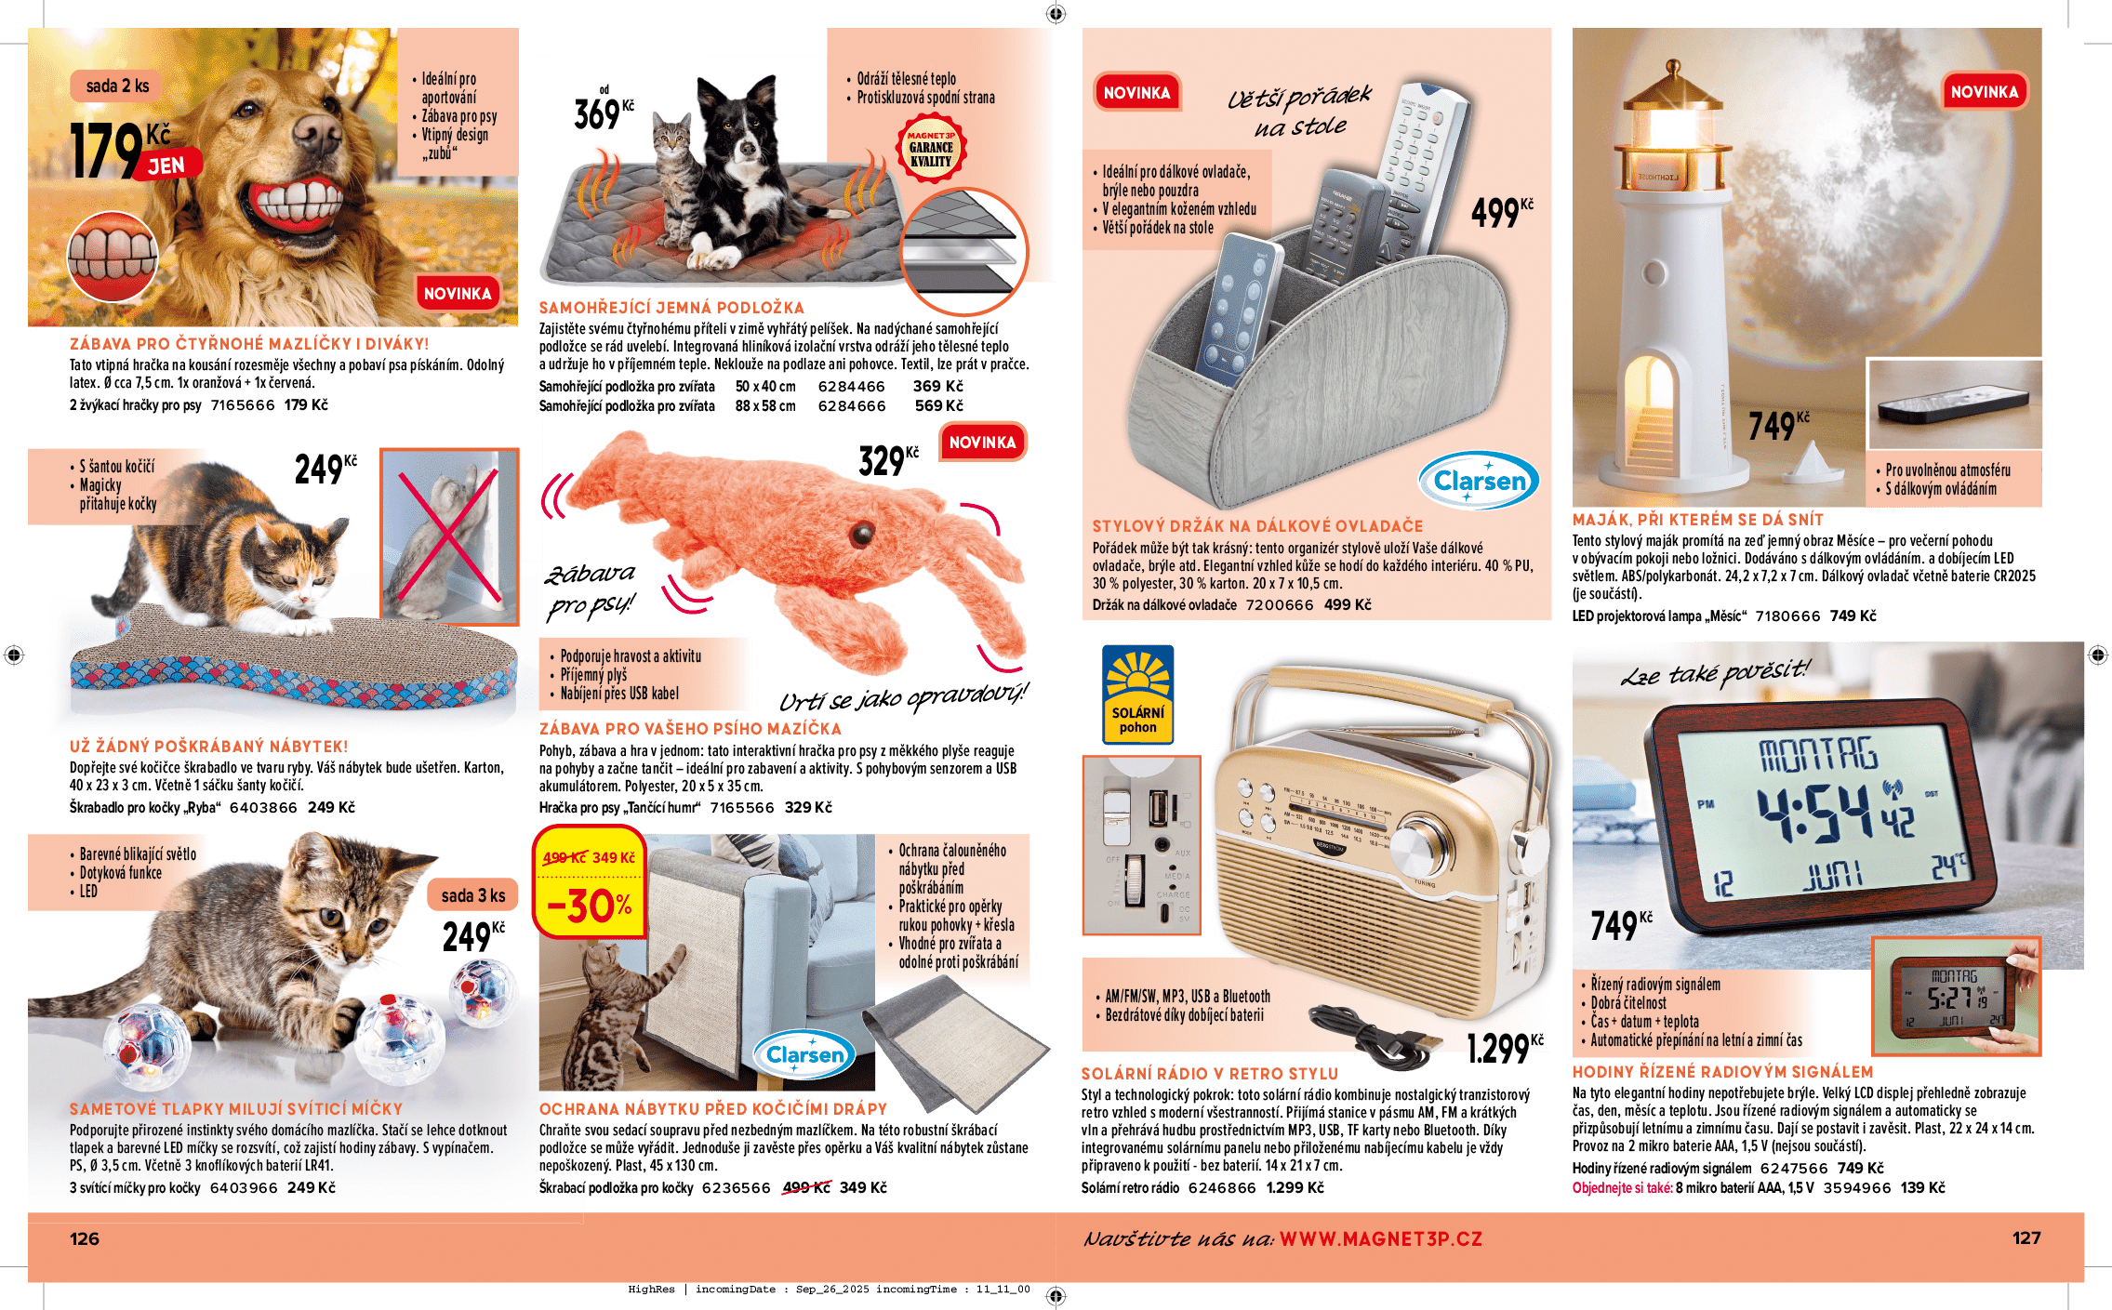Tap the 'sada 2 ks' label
click(117, 86)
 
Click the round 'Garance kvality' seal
click(931, 149)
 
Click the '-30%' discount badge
click(590, 906)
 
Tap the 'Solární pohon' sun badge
click(1137, 694)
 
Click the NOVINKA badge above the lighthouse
click(1984, 92)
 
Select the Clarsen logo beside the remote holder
click(1479, 481)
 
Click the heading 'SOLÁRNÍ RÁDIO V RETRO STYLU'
click(1209, 1074)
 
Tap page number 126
click(85, 1238)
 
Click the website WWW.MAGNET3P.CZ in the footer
click(1380, 1239)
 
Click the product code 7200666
click(1279, 605)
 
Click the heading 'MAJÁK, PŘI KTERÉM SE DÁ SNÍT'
click(1697, 520)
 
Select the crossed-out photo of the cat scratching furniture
click(449, 536)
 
